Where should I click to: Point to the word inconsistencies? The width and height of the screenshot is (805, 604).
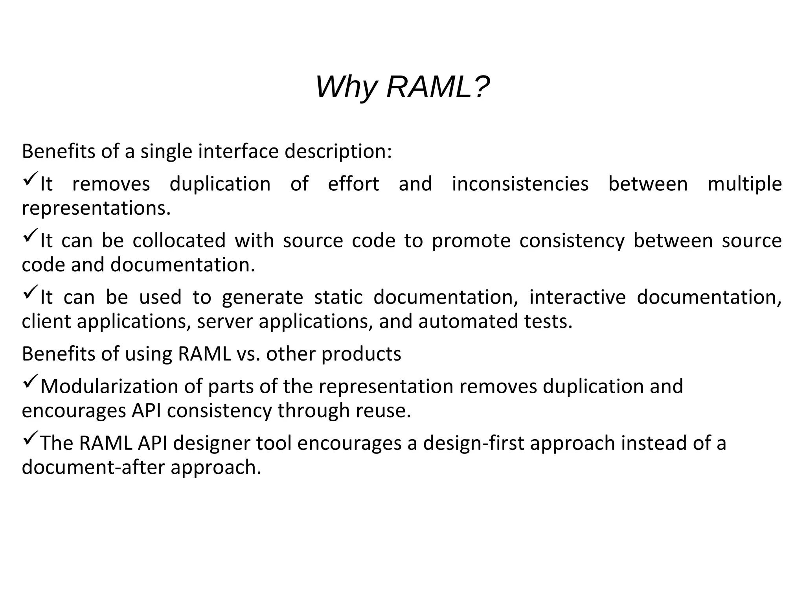520,184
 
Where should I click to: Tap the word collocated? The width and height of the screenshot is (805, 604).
179,240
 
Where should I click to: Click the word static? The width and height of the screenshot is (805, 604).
338,297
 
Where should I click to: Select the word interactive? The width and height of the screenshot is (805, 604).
577,297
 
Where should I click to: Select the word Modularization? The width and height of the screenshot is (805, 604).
109,386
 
